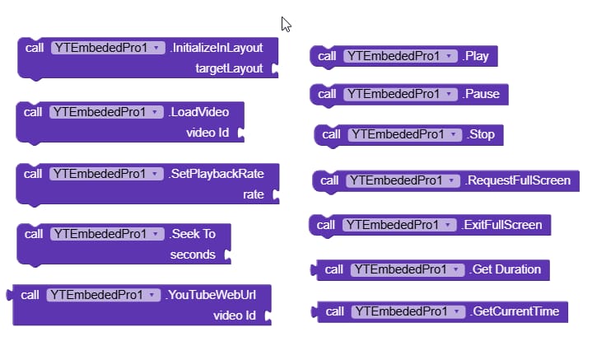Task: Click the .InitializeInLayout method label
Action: coord(217,48)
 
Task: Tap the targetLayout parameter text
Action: coord(229,69)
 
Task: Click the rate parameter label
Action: coord(254,195)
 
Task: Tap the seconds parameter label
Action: coord(193,255)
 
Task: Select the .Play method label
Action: coord(476,56)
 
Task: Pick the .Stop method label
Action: coord(481,134)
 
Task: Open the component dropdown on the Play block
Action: coord(448,56)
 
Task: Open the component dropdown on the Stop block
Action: coord(452,134)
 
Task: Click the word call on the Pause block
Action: coord(327,95)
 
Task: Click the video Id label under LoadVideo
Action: coord(207,133)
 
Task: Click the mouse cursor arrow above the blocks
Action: coord(286,24)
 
